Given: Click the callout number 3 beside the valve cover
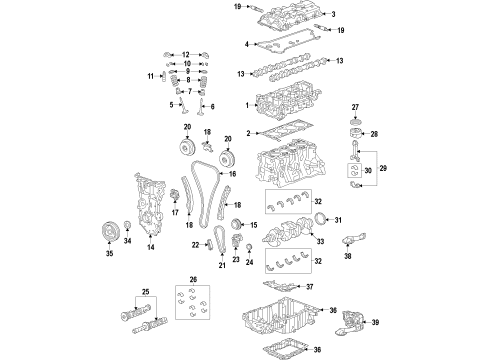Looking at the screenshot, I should click(x=333, y=14).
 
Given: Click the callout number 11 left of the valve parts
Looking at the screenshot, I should click(x=150, y=76).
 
